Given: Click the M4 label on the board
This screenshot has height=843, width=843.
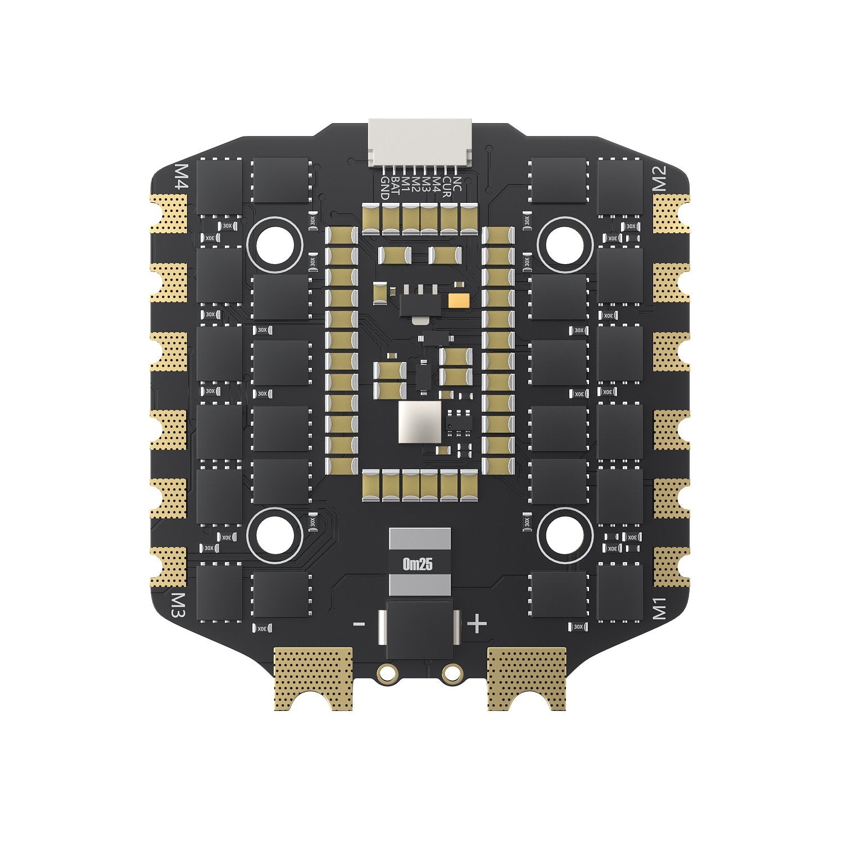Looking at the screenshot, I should point(183,177).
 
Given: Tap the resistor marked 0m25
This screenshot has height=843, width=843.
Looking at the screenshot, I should point(420,562).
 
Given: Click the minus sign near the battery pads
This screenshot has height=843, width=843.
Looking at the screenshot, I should point(359,624).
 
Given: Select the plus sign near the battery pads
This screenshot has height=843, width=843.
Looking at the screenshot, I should point(477,624).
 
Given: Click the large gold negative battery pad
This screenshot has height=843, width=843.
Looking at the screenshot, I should point(312,674).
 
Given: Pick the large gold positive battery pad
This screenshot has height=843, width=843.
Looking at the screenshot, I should point(527,674).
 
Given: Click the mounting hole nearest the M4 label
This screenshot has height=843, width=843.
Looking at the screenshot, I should point(275,244).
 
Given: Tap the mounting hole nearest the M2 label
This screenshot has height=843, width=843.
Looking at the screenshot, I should point(565,244).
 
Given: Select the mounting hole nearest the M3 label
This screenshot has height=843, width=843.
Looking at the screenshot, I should point(275,534).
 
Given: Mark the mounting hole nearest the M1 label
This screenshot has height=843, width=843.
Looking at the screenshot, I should point(565,534).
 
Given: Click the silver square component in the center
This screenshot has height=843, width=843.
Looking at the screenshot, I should point(420,422).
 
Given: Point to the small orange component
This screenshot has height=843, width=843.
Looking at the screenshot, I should point(458,301).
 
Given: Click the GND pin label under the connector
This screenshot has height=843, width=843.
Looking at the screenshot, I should point(385,188).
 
